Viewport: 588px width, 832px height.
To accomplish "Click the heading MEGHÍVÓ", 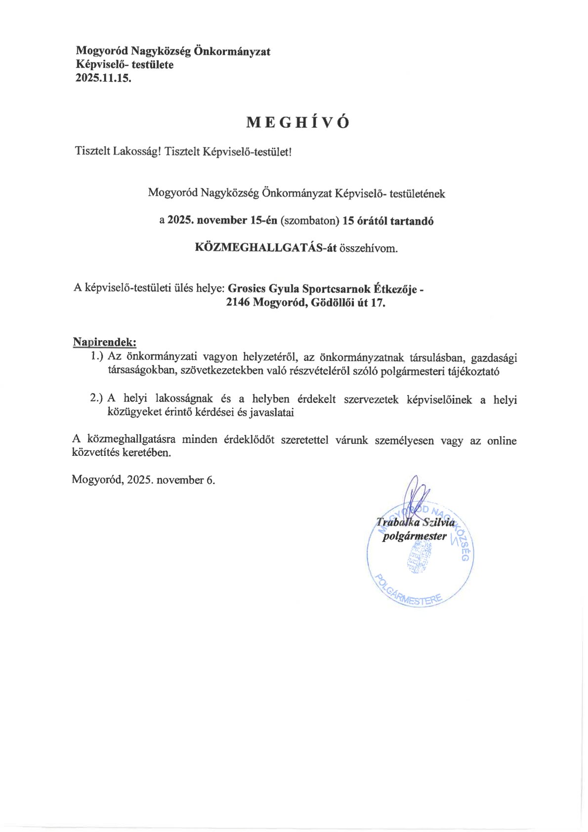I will [x=297, y=123].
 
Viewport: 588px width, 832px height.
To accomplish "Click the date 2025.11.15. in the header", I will [x=103, y=78].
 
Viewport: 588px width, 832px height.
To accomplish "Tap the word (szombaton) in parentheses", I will [x=310, y=221].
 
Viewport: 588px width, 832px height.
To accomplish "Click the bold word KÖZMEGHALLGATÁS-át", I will [x=266, y=248].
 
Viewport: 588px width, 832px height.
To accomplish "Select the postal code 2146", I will [x=238, y=303].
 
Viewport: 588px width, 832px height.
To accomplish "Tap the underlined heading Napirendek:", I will [x=104, y=342].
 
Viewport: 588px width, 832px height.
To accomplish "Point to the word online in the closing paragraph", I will [x=501, y=440].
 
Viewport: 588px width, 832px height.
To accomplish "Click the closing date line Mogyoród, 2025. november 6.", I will [x=143, y=480].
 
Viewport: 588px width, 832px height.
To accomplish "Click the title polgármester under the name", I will [x=415, y=536].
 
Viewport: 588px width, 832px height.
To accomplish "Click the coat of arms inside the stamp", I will [x=418, y=558].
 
